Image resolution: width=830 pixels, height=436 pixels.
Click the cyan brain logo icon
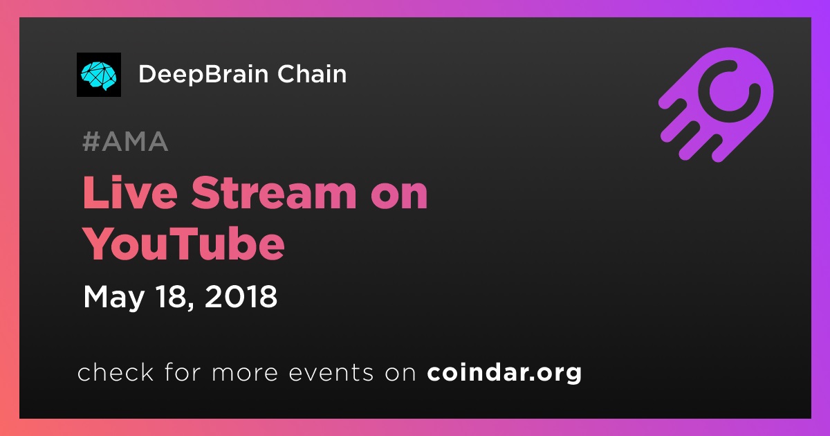[98, 75]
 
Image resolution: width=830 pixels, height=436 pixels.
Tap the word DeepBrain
[203, 75]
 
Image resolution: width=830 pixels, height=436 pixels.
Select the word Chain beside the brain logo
[312, 74]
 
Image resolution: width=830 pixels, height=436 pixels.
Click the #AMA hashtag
[125, 141]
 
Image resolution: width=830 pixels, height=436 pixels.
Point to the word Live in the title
[130, 193]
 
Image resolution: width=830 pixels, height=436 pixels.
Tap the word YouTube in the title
[184, 244]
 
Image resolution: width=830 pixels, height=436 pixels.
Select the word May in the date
[113, 298]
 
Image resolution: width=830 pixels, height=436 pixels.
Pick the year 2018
[241, 296]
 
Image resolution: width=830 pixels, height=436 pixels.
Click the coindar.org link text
[504, 372]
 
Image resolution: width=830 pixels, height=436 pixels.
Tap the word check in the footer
[116, 372]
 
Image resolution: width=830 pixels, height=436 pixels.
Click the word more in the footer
[245, 373]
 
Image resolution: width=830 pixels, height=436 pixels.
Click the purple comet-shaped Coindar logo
[716, 105]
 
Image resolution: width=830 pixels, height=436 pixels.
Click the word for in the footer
[183, 372]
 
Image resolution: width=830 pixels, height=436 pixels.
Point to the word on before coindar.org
[400, 373]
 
